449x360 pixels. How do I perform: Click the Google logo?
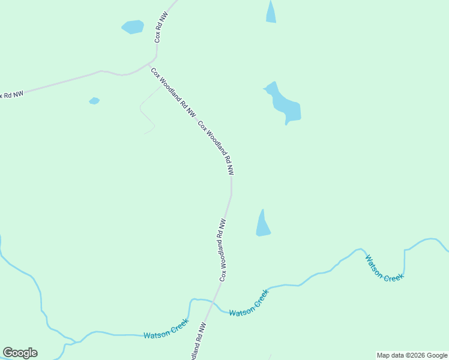(20, 353)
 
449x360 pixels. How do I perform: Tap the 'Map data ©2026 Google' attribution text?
(412, 355)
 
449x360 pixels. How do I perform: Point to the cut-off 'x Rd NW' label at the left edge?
(11, 94)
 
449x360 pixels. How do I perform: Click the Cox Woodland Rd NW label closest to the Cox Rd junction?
(173, 92)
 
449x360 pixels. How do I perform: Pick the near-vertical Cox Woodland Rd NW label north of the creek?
(223, 250)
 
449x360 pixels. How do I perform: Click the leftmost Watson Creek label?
(166, 329)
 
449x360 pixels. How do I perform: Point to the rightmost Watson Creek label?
(385, 268)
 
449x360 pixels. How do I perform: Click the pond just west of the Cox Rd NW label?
(133, 27)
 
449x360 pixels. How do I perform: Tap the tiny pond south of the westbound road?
(94, 101)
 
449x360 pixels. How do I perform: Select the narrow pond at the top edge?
(271, 13)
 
